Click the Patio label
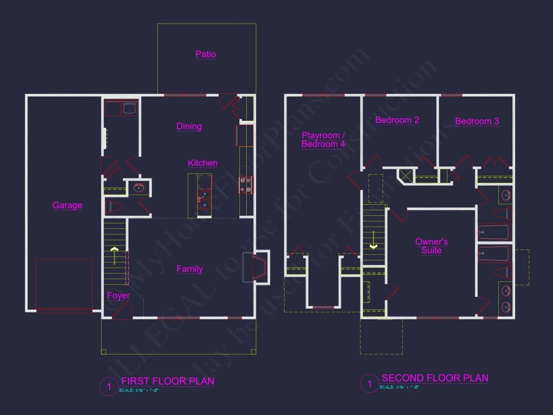[206, 54]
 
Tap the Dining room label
[189, 126]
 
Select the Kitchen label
[203, 163]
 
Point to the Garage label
[67, 205]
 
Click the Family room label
[190, 269]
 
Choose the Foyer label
[118, 296]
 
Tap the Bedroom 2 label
[397, 120]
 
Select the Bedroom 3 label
[477, 121]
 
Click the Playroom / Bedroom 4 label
[323, 140]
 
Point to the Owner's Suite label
[431, 246]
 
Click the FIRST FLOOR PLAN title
[167, 381]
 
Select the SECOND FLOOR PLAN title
[435, 378]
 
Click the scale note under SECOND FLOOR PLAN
[400, 387]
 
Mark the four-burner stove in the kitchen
[246, 185]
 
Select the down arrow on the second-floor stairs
[374, 240]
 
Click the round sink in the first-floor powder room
[138, 189]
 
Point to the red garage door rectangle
[64, 284]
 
